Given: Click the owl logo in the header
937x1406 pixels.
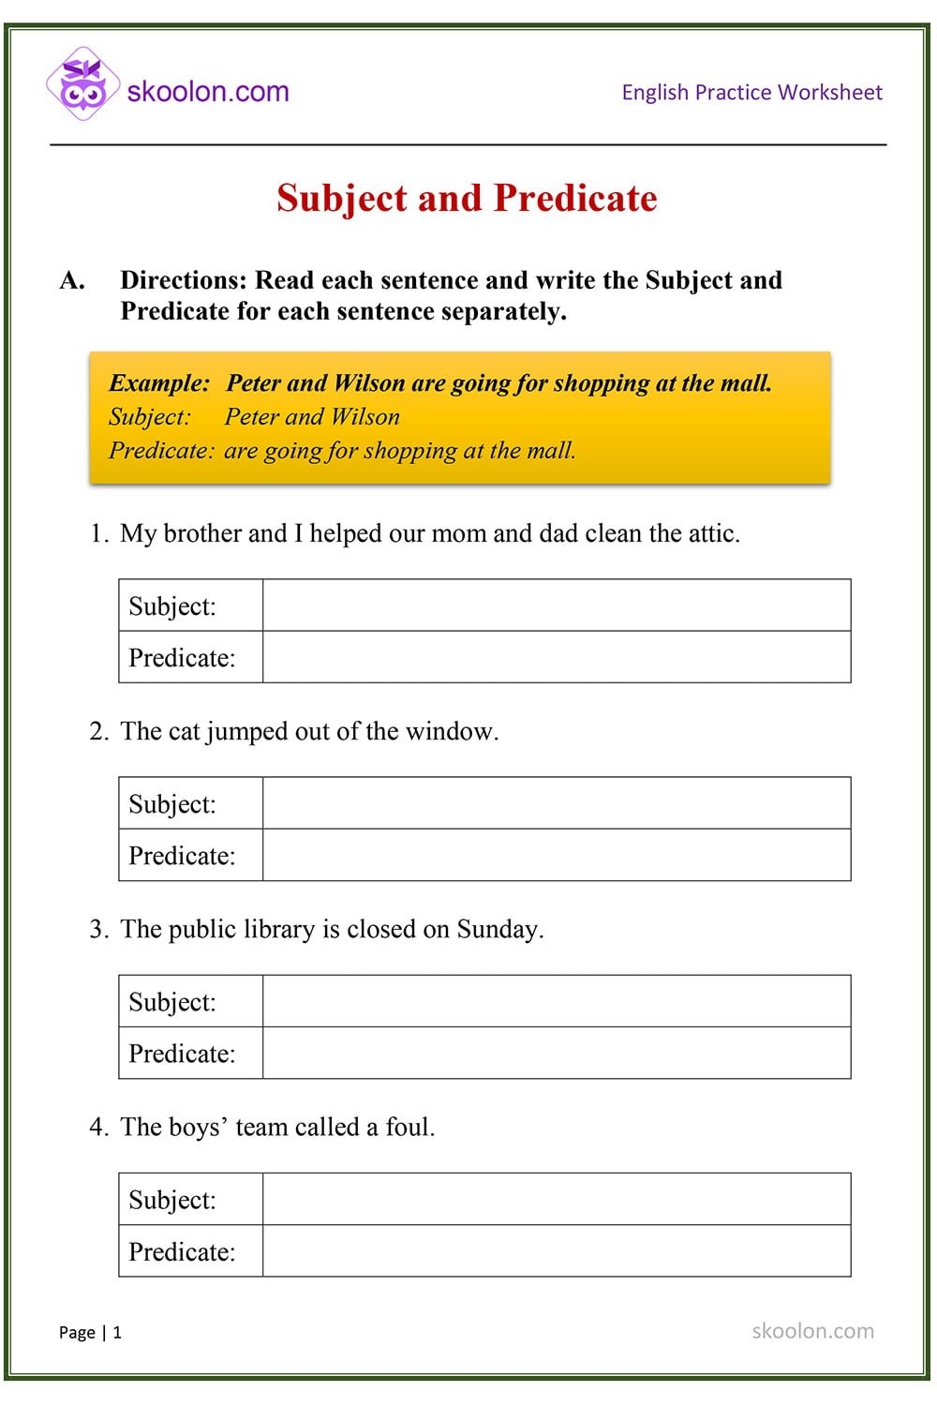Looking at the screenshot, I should tap(83, 84).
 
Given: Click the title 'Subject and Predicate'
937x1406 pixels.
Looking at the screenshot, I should tap(467, 198).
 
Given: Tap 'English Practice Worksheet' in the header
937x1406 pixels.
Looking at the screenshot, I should tap(751, 92).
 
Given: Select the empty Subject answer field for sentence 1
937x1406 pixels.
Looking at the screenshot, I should tap(557, 606).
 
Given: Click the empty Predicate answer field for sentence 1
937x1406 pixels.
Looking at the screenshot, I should tap(557, 657).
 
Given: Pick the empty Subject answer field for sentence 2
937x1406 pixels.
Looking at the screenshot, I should tap(557, 803).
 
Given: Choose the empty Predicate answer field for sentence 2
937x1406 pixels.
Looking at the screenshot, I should tap(557, 855).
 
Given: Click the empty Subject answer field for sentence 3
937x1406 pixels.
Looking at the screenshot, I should tap(557, 1001).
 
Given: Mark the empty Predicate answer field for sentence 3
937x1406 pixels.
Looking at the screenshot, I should tap(557, 1053).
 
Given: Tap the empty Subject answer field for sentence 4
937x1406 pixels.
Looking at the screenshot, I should tap(557, 1199).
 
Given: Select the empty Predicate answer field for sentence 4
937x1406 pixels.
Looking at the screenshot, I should tap(557, 1250).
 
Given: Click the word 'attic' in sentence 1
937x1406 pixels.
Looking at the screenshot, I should tap(712, 533).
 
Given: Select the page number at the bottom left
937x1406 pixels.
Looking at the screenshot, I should tap(91, 1332).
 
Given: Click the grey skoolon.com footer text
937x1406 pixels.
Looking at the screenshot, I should tap(812, 1331).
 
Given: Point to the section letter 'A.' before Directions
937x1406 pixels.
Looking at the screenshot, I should tap(72, 280).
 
